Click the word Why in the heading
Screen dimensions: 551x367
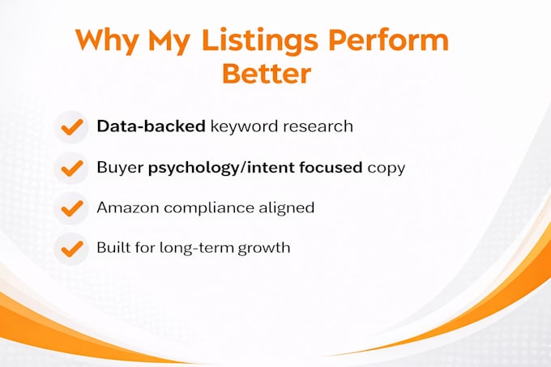pos(107,41)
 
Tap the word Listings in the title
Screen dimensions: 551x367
pos(259,41)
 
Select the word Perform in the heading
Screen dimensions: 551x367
pos(388,39)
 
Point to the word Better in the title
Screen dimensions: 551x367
pos(267,73)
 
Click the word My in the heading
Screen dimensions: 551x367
pos(169,42)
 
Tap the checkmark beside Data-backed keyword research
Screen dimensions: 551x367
pos(72,126)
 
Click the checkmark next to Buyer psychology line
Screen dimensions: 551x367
pos(72,169)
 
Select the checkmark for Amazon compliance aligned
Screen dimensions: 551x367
pos(72,208)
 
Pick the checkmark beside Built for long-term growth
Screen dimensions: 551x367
pos(72,249)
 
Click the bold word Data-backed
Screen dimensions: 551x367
pos(151,126)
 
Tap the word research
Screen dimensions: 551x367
pos(318,126)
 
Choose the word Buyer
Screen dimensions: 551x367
pos(120,168)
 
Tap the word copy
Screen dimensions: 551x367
pos(387,169)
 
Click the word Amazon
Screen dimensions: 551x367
pos(128,207)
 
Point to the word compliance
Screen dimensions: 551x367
pos(209,208)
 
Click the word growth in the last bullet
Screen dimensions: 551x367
pos(264,249)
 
